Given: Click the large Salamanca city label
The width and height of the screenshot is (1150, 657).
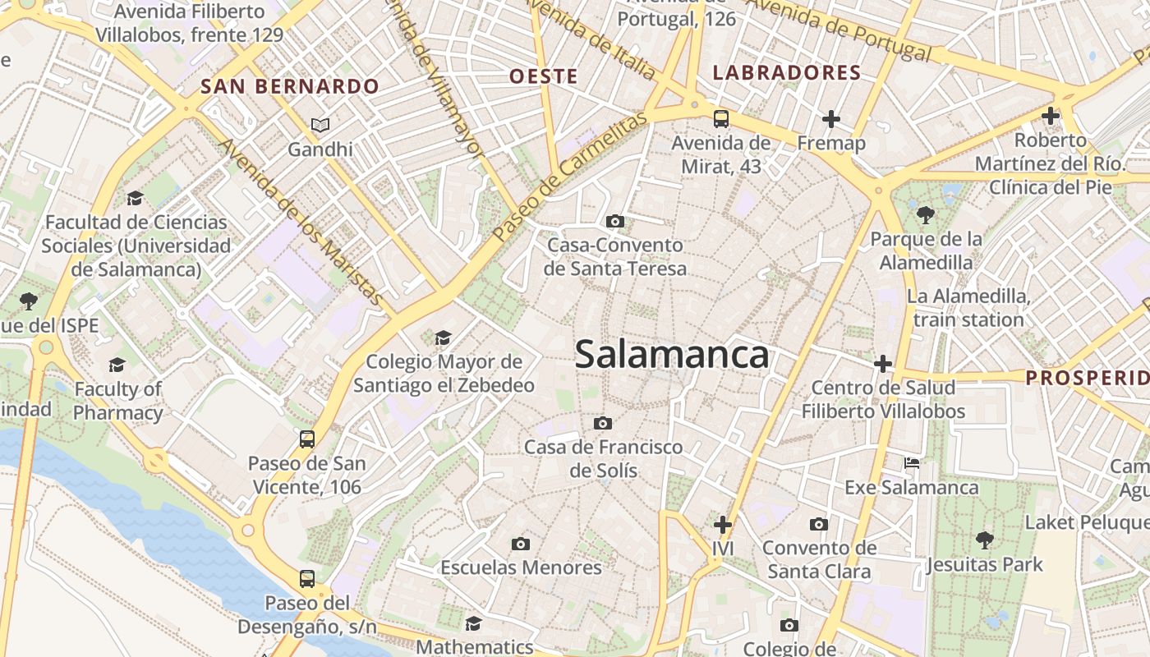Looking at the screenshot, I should (672, 355).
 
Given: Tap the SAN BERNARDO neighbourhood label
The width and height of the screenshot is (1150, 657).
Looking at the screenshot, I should (290, 86).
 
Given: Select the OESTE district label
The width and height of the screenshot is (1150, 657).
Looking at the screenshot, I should (544, 76).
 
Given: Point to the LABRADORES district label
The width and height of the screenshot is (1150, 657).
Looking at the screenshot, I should (787, 72).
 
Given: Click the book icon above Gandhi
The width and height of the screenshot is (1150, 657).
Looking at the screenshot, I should (320, 126).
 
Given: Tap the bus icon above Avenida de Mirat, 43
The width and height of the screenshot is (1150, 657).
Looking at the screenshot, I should (720, 119).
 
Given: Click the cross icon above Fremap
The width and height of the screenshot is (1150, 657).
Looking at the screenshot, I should (831, 119).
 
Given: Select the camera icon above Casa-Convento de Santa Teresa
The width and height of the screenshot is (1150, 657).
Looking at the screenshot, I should (614, 221).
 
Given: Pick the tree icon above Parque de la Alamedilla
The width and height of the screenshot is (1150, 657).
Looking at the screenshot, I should (926, 215).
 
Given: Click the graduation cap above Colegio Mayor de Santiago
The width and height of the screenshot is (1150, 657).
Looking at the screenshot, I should (443, 338).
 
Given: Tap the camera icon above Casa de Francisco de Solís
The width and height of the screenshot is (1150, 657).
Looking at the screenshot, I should (603, 423).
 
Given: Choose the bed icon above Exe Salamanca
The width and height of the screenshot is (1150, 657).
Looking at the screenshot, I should (912, 463).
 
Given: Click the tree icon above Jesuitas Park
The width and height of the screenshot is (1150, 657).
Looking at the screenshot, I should (984, 540).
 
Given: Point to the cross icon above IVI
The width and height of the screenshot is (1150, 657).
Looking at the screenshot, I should (723, 524).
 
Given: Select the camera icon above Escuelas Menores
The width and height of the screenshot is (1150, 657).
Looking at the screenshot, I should (520, 544).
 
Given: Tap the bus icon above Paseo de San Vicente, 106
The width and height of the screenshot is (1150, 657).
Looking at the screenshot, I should (306, 439).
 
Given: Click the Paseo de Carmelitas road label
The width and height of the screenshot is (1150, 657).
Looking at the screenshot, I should (568, 177).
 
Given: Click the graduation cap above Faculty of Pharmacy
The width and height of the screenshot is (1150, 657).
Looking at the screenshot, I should (117, 365).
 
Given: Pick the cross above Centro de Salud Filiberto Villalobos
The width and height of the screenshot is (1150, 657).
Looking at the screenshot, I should (883, 363).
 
